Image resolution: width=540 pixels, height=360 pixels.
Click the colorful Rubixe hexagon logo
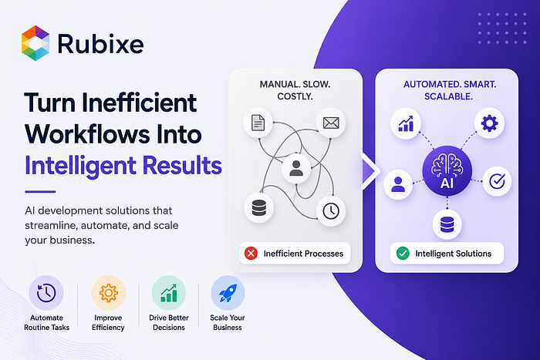[35, 43]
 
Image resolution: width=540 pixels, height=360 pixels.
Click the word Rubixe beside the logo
[100, 44]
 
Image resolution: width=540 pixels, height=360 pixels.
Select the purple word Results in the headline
[182, 165]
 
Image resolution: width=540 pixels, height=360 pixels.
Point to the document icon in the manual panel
[258, 123]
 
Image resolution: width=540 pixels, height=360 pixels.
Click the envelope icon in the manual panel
[331, 123]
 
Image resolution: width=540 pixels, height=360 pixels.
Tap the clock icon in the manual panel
[331, 211]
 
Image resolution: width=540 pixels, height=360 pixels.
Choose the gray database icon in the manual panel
[259, 208]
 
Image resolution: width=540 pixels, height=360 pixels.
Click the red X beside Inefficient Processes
[251, 254]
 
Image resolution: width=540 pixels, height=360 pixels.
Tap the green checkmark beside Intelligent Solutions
[403, 254]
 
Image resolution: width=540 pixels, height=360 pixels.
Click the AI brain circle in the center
[447, 171]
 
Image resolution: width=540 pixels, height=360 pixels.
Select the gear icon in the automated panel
[489, 123]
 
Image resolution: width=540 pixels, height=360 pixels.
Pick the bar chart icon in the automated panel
[406, 123]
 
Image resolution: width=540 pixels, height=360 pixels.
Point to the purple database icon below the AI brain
[447, 225]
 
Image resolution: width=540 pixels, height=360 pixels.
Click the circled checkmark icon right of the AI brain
[497, 181]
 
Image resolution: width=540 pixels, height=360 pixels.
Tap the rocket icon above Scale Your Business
[228, 293]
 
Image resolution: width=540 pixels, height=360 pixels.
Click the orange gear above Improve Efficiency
[109, 293]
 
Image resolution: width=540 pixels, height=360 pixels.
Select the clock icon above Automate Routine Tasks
[46, 293]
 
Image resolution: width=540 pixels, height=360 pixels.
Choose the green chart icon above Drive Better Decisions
[169, 293]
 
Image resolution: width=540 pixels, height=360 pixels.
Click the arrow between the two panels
[370, 171]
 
